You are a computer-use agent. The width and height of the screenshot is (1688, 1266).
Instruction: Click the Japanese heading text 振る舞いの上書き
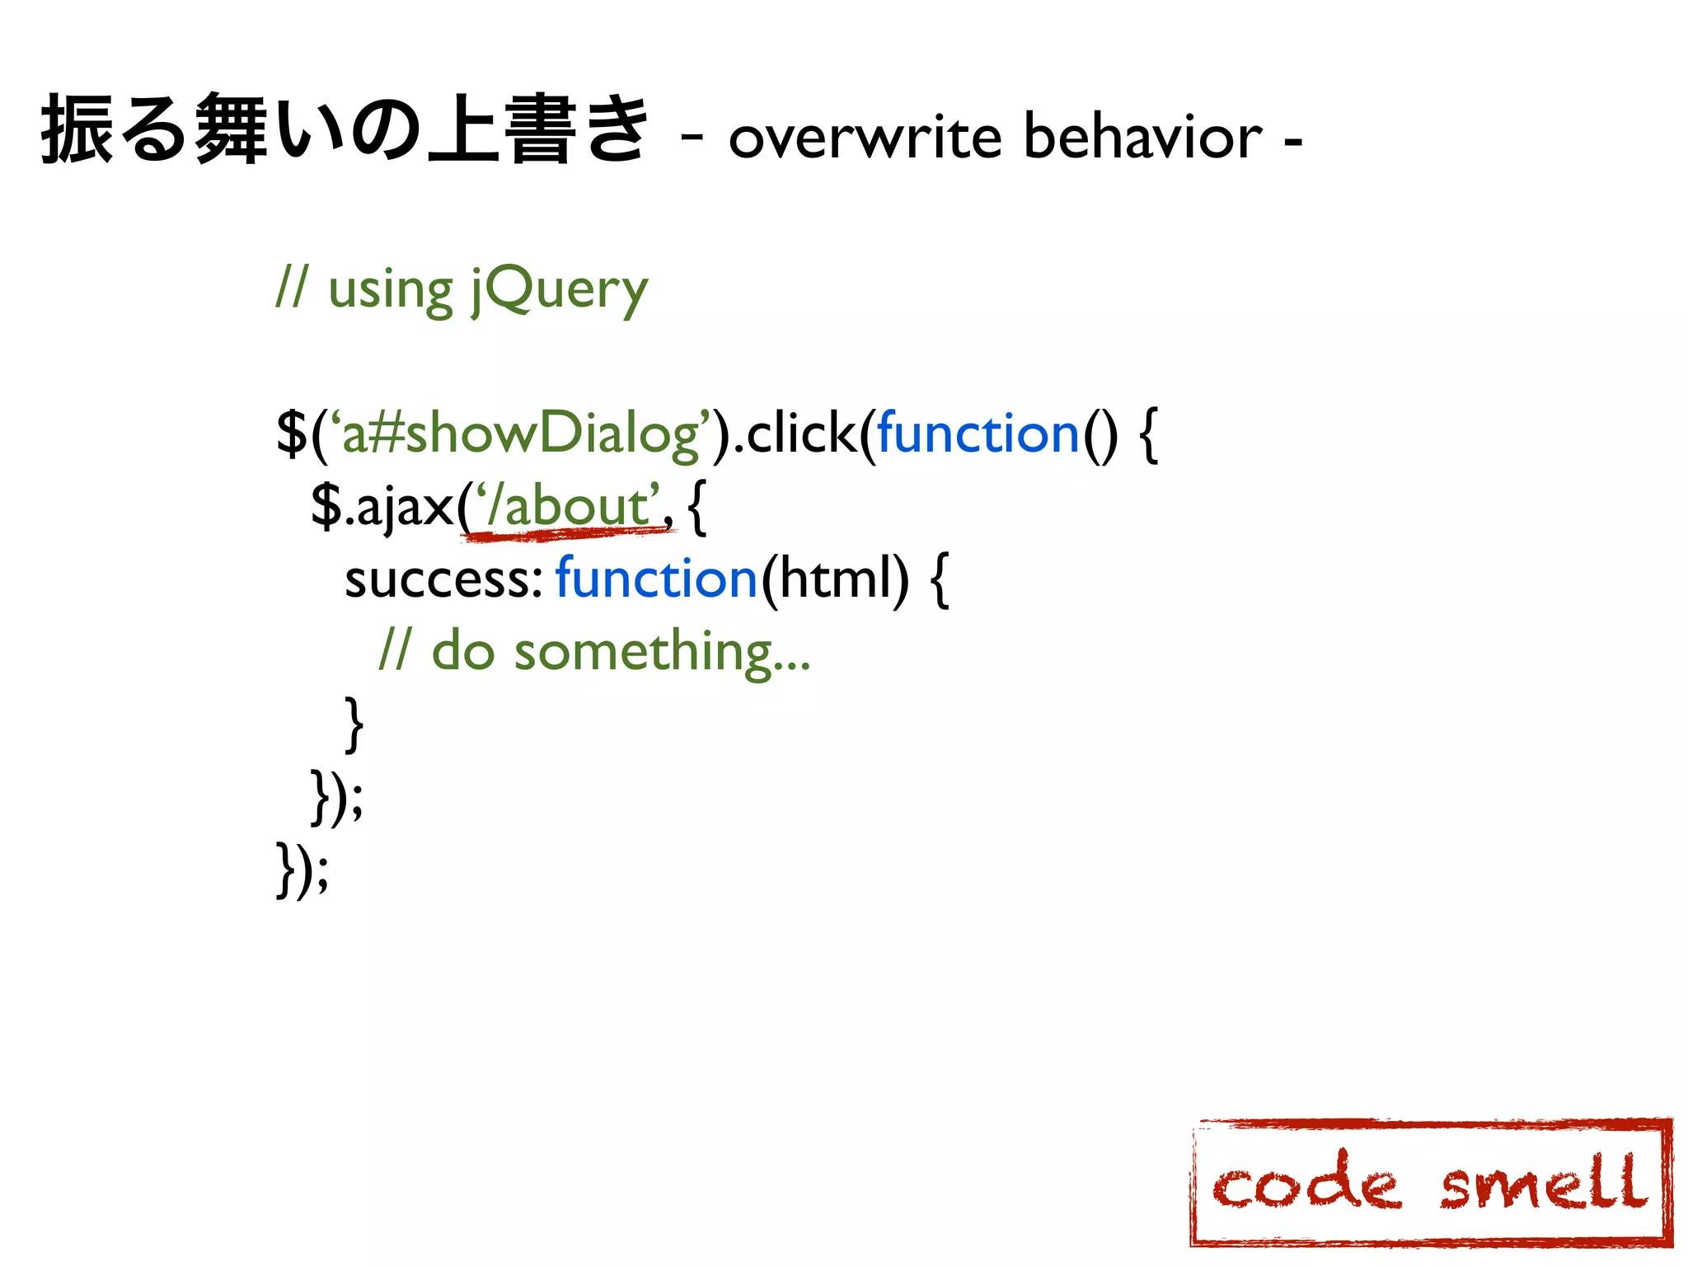coord(345,130)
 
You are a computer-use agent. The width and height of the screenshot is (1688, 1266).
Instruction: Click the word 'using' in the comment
coord(390,290)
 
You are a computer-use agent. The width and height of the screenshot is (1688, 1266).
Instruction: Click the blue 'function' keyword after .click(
coord(978,434)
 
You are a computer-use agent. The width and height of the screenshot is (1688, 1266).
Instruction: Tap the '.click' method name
coord(795,434)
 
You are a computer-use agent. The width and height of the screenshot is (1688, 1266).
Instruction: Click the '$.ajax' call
coord(382,506)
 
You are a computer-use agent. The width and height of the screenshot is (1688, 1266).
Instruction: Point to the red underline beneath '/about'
coord(569,535)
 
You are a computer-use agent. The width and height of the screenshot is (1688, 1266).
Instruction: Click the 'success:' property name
coord(443,579)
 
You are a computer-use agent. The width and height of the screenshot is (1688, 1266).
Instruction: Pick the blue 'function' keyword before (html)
coord(656,579)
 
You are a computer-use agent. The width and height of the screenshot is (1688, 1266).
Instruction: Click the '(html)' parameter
coord(834,579)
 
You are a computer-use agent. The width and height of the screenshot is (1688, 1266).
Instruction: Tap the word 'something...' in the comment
coord(663,651)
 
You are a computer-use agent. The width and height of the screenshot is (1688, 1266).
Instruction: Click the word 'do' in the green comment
coord(462,651)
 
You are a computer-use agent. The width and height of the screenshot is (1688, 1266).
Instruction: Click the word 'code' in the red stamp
coord(1306,1184)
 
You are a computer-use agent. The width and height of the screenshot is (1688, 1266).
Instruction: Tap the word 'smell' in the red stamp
coord(1543,1183)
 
